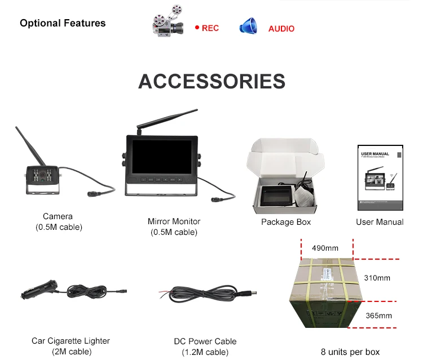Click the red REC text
tap(210, 28)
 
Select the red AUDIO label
tap(281, 28)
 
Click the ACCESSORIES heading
tap(211, 81)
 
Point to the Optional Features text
tap(63, 23)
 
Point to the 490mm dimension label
tap(324, 248)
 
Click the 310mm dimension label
tap(377, 278)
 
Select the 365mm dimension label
tap(378, 315)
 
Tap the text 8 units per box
tap(350, 352)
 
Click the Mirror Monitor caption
tap(174, 221)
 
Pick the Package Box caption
tap(286, 222)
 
